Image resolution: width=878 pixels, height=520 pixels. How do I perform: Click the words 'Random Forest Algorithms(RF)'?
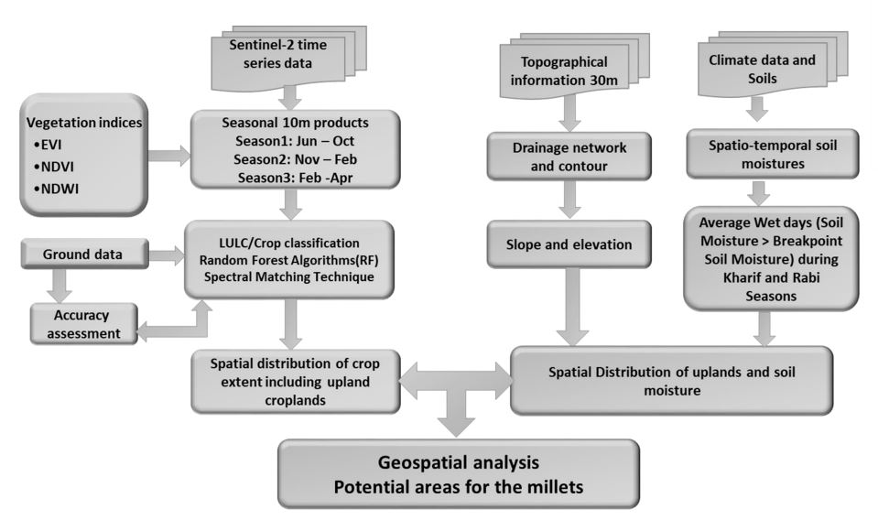(x=292, y=260)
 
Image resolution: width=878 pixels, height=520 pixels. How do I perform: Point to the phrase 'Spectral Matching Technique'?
(x=292, y=277)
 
